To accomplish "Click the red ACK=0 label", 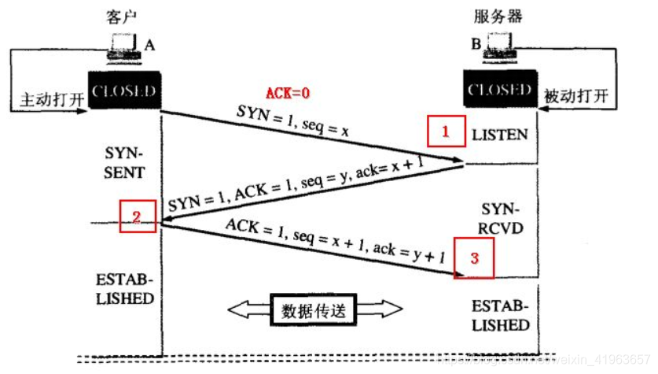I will click(288, 93).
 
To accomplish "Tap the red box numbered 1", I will click(445, 131).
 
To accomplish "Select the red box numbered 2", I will click(138, 217).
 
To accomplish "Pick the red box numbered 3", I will click(474, 257).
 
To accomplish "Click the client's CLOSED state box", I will click(123, 91).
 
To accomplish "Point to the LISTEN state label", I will click(500, 135).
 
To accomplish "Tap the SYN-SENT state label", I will click(124, 160).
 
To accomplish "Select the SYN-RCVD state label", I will click(499, 217).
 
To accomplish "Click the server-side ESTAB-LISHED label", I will click(500, 315).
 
